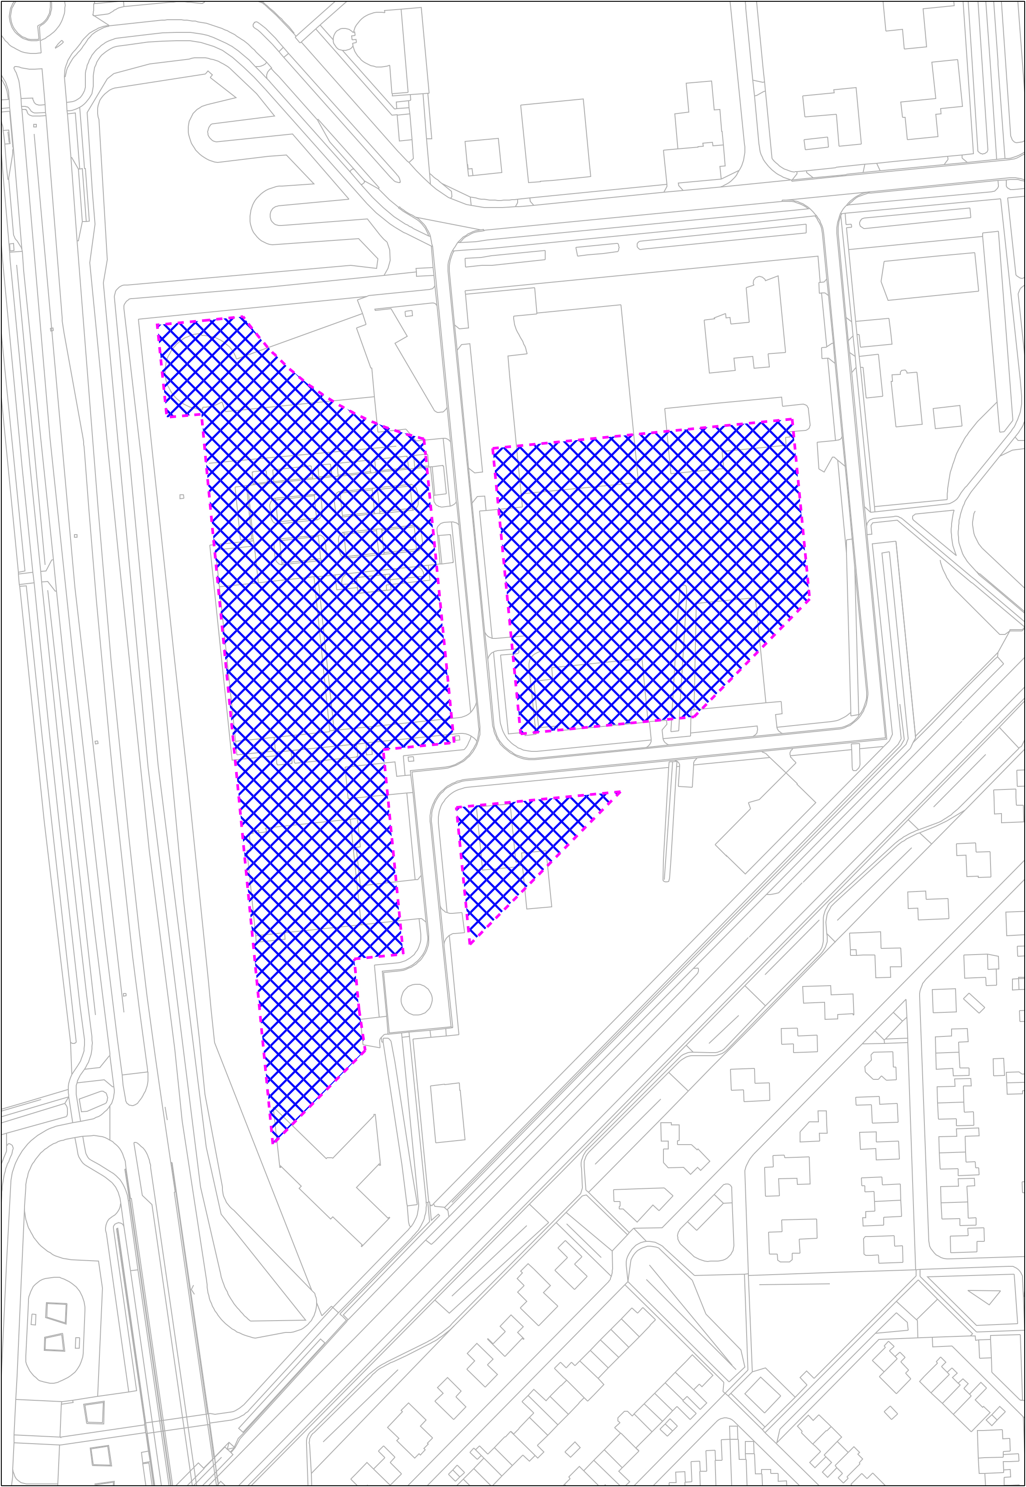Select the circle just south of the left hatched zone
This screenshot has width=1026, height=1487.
coord(416,999)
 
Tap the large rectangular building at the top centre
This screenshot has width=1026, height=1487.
coord(555,140)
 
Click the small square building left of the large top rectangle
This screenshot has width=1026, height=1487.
coord(483,156)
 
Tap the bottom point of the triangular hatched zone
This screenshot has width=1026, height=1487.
coord(471,943)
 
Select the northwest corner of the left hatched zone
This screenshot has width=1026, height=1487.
coord(158,325)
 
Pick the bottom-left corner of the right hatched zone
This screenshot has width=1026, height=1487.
coord(520,733)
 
